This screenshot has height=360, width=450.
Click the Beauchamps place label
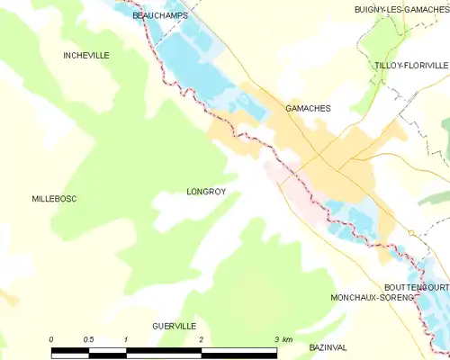[x=152, y=16]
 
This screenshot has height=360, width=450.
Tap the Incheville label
[x=86, y=56]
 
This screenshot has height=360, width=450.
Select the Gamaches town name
[x=308, y=108]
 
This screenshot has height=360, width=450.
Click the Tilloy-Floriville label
[x=411, y=66]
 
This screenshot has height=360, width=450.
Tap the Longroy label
[x=205, y=192]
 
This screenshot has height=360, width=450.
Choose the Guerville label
[x=174, y=325]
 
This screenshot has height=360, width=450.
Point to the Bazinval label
[x=328, y=347]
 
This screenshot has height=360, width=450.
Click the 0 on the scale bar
[x=51, y=339]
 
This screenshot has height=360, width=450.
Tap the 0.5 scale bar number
[x=88, y=339]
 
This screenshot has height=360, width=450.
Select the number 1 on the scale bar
[x=126, y=339]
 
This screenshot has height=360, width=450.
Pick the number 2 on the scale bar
[x=201, y=339]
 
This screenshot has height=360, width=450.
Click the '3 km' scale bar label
[x=282, y=339]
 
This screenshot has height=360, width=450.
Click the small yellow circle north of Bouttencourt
[x=409, y=233]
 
